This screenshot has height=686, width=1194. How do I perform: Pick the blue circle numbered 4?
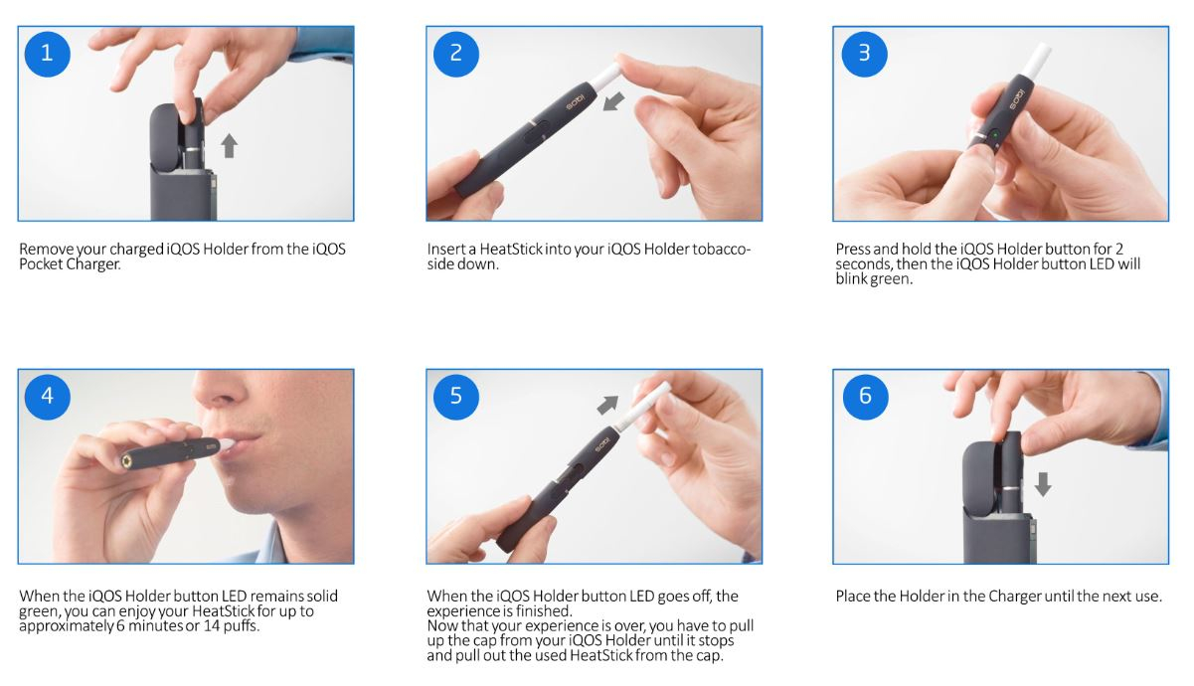pos(47,397)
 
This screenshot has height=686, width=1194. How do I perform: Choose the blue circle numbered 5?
pos(455,397)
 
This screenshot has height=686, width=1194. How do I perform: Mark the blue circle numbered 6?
pos(863,397)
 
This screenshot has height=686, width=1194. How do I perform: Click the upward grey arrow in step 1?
pos(229,146)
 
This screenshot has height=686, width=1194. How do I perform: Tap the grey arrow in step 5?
pos(606,404)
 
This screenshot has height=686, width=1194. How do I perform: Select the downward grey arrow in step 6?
pos(1042,484)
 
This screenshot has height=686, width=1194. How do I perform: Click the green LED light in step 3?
pos(992,133)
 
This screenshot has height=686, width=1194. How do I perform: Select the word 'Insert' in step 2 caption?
pos(446,250)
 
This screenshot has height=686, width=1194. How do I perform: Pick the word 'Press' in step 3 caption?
pos(854,250)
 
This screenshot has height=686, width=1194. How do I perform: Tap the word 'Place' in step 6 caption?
pos(854,597)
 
